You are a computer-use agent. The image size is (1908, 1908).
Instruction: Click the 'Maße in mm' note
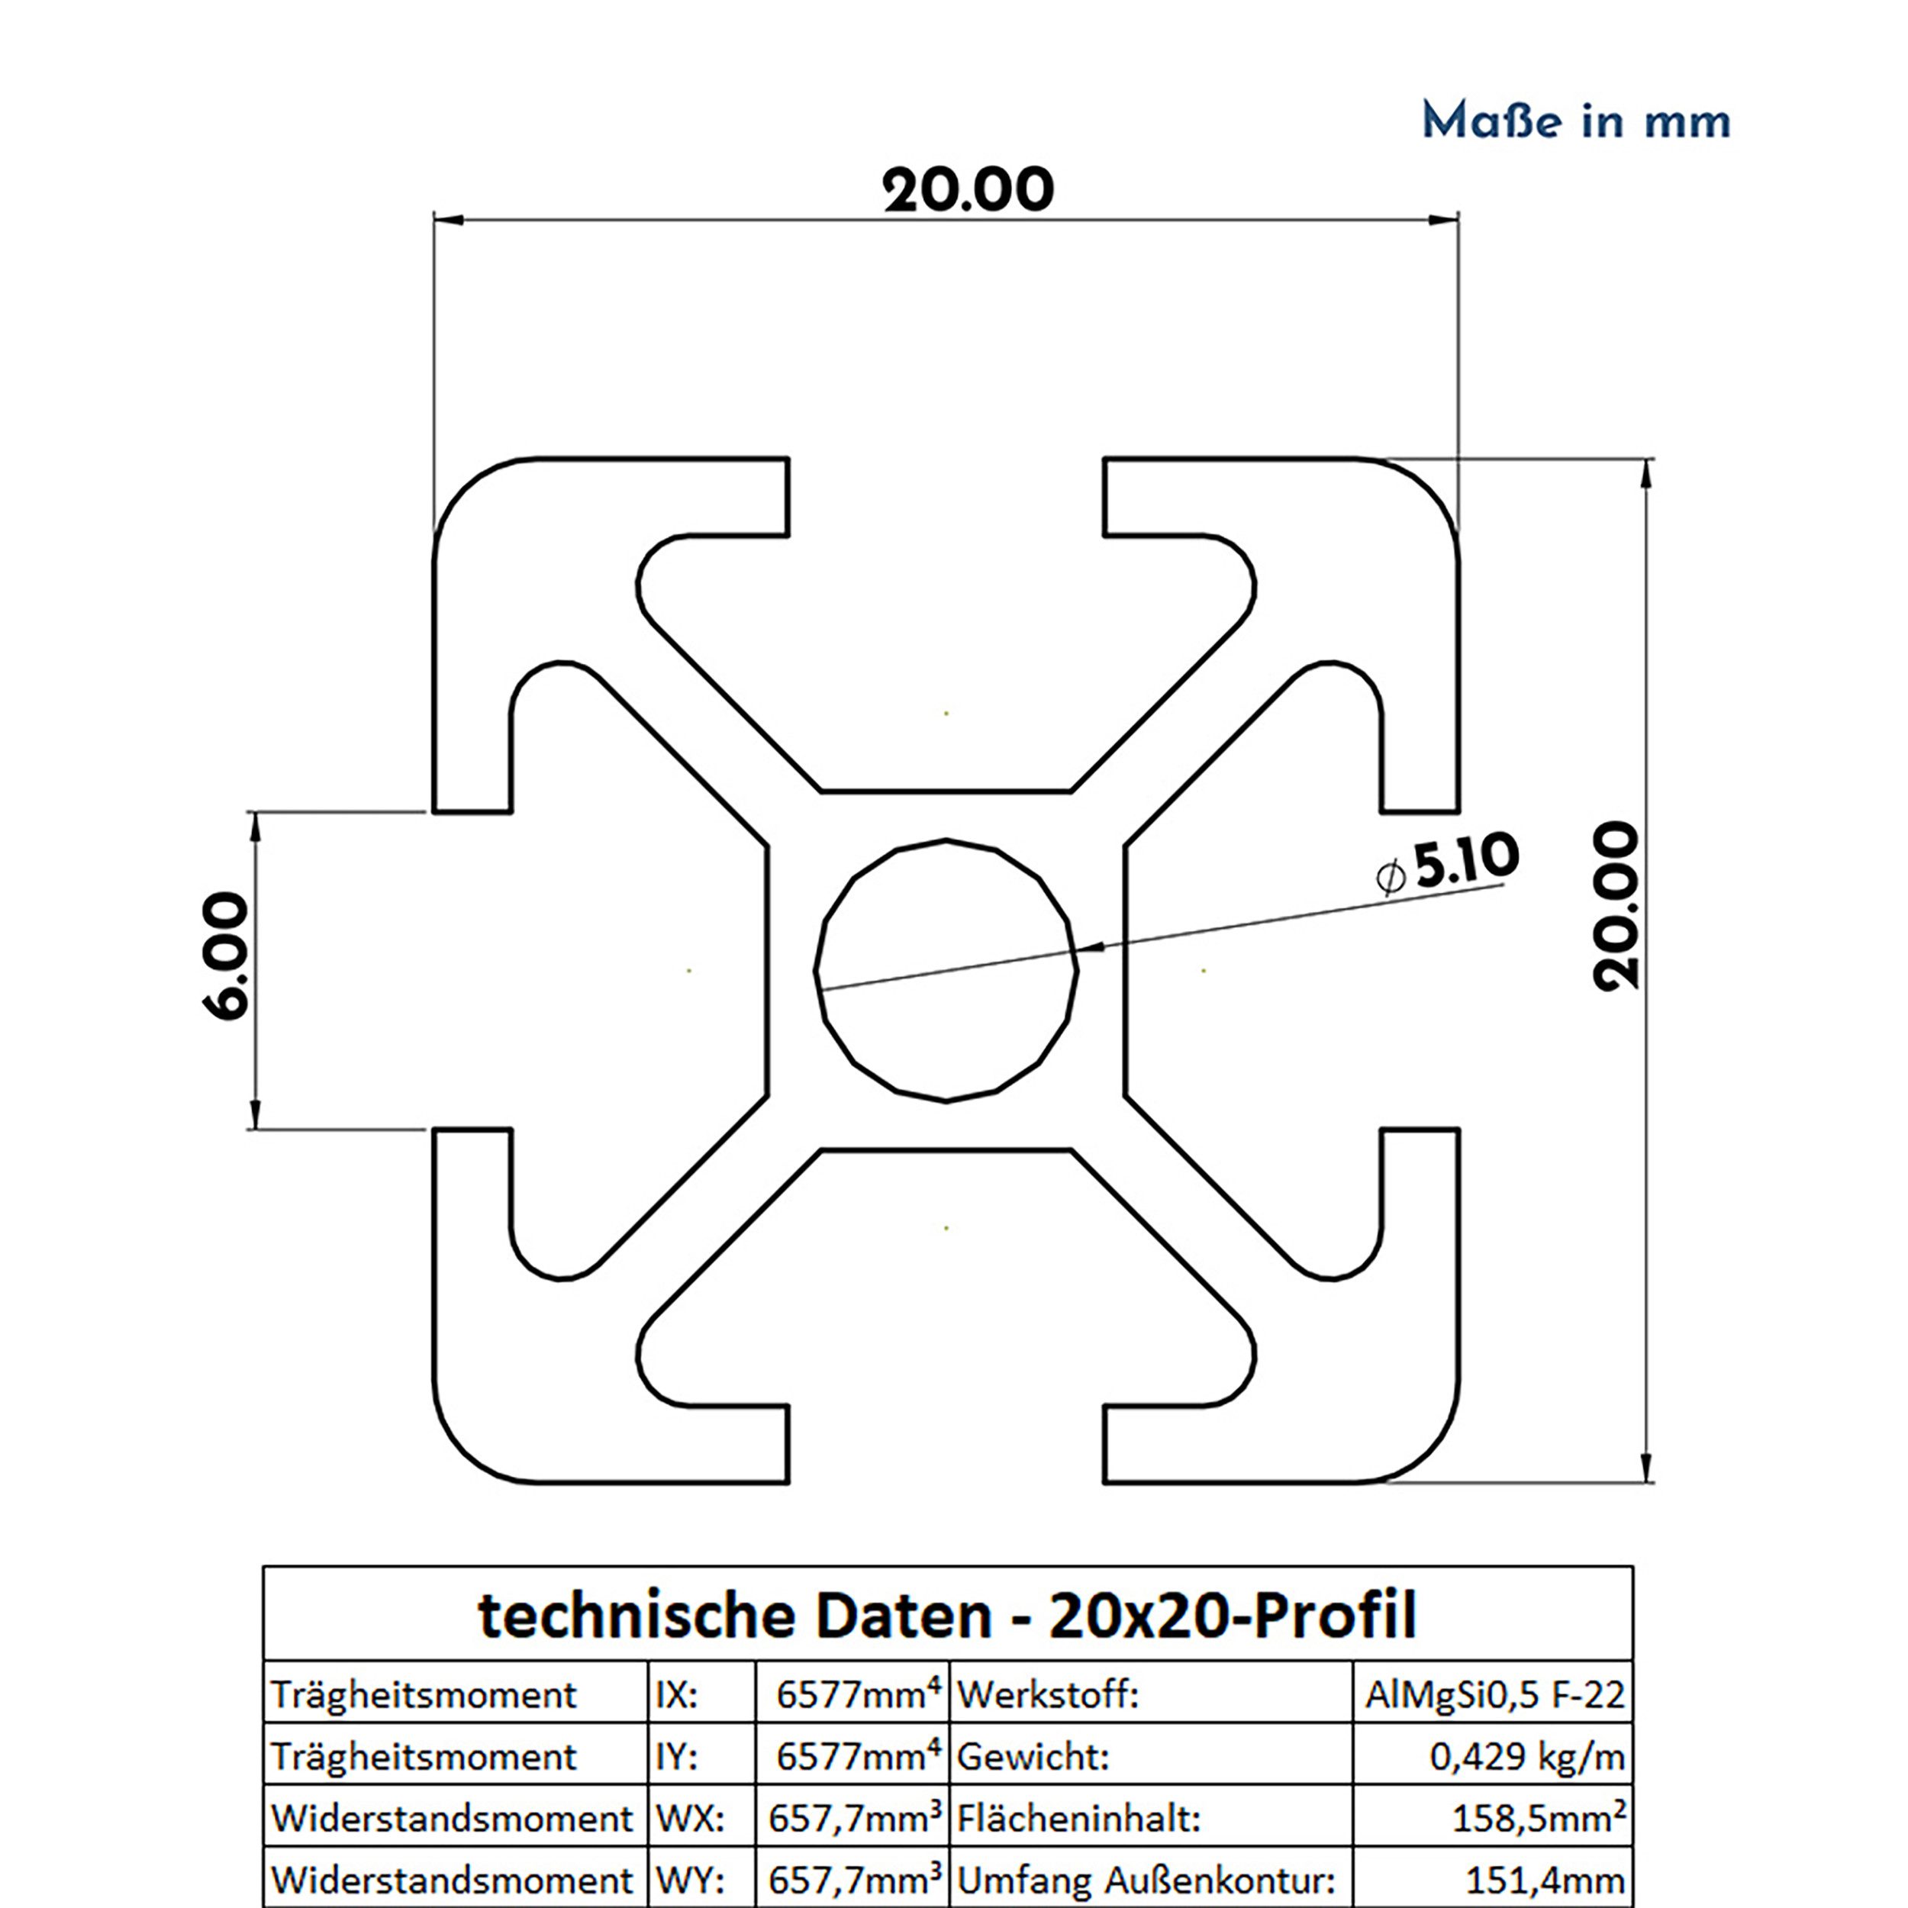point(1576,121)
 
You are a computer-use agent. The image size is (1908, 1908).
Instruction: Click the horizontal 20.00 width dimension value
point(968,191)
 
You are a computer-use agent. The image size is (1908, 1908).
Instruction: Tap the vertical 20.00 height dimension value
point(1616,907)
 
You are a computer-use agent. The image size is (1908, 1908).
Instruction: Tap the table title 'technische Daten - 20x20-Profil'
point(947,1616)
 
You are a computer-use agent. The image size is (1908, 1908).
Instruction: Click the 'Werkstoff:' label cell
point(1048,1696)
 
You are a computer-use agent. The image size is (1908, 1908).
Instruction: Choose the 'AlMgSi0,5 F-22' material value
point(1494,1696)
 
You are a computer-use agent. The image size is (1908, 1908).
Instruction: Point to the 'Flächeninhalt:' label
point(1078,1818)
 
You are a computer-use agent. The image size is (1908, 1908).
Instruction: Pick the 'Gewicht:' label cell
point(1033,1757)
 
